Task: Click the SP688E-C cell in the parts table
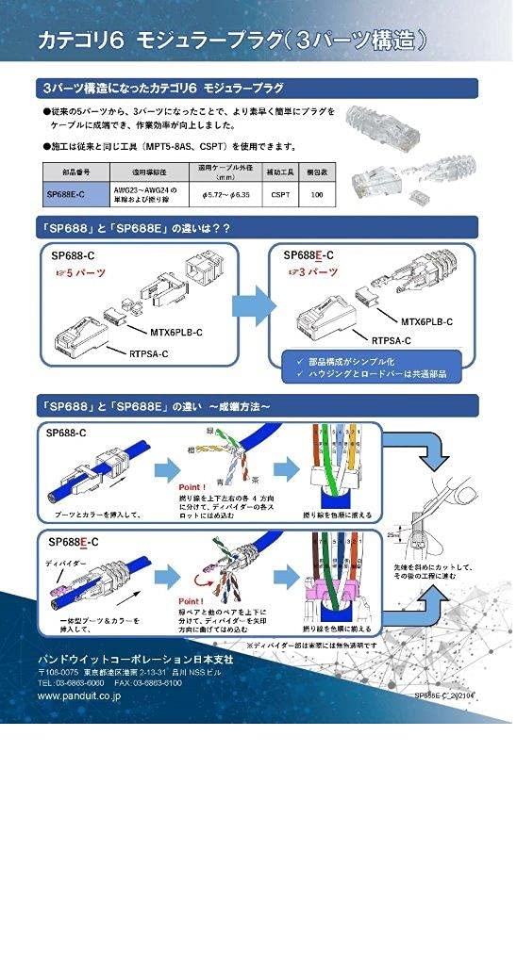pyautogui.click(x=65, y=195)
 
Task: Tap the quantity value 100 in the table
pyautogui.click(x=317, y=195)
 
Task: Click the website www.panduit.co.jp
pyautogui.click(x=78, y=695)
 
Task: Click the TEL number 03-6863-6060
pyautogui.click(x=71, y=682)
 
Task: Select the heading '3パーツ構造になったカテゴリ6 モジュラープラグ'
pyautogui.click(x=162, y=88)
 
